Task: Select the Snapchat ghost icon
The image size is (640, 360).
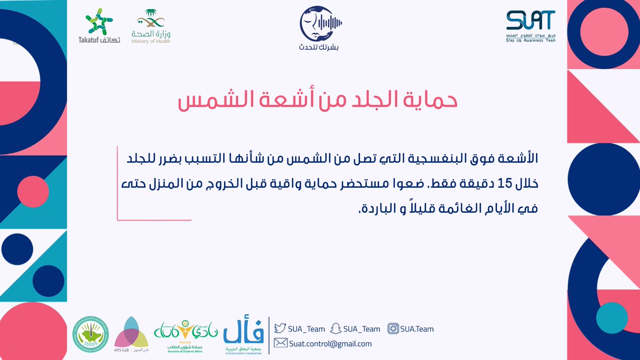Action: coord(336,329)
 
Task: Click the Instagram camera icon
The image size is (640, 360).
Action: coord(394,329)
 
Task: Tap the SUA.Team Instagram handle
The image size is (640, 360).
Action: coord(418,329)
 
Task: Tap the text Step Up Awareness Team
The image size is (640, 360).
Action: coord(531,41)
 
